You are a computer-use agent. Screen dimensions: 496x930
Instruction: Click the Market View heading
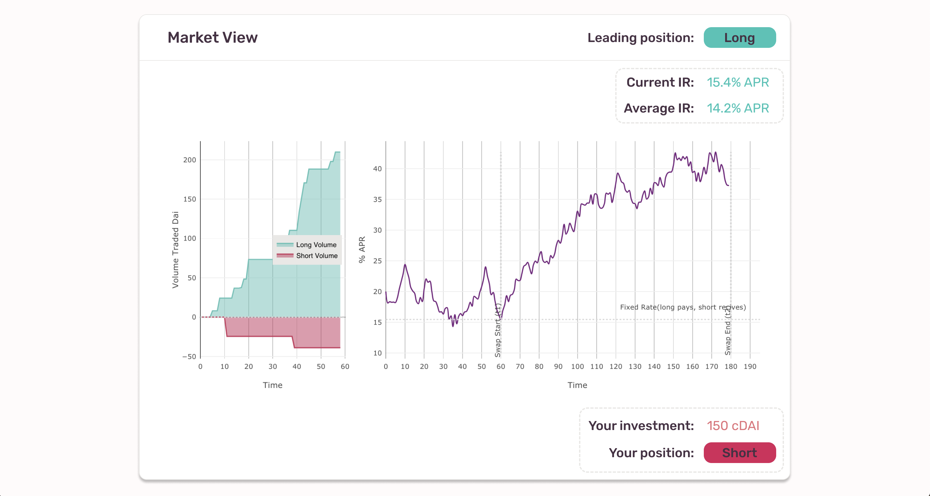tap(212, 38)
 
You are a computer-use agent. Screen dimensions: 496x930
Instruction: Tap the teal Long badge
tap(739, 38)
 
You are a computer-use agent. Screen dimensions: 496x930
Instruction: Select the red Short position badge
tap(739, 453)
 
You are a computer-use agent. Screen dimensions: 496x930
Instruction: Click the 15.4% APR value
tap(738, 82)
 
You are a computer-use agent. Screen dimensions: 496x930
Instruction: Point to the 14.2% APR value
tap(738, 108)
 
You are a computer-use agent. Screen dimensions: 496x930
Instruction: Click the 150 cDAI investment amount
tap(733, 426)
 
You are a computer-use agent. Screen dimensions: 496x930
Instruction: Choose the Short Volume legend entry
tap(317, 256)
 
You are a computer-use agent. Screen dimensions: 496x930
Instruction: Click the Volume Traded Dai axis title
tap(175, 250)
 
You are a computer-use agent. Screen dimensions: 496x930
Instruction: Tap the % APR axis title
tap(362, 250)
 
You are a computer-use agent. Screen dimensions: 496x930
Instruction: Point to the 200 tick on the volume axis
tap(190, 160)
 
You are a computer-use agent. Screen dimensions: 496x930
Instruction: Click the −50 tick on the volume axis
tap(189, 357)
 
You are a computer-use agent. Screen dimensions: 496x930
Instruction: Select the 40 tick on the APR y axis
tap(377, 169)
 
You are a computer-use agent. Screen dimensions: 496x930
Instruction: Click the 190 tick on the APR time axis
tap(750, 366)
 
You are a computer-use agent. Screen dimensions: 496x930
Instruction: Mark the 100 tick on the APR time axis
tap(577, 366)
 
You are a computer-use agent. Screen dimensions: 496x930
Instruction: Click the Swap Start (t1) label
tap(498, 330)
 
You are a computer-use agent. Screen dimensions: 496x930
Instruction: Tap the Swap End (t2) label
tap(728, 330)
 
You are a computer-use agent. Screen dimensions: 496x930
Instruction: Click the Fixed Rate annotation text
tap(683, 307)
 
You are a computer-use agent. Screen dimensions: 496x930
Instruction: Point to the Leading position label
tap(640, 38)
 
